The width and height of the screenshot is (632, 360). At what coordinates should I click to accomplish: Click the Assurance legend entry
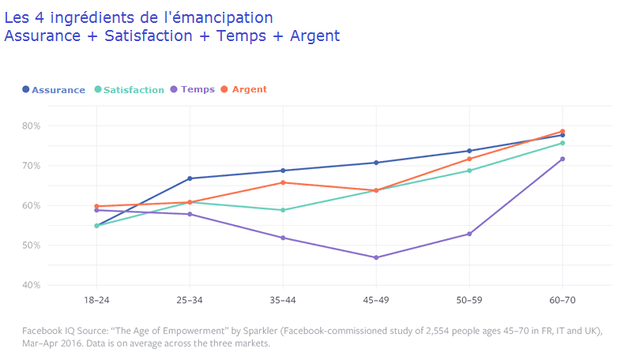(x=54, y=89)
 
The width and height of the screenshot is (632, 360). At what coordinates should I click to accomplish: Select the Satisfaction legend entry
(x=130, y=89)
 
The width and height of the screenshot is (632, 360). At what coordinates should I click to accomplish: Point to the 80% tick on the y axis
(x=31, y=126)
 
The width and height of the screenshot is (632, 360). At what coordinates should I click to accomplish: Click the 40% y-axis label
(x=31, y=285)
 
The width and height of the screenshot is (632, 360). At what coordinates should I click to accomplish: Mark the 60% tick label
(x=31, y=205)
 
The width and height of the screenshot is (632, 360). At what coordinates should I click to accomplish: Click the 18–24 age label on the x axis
(x=96, y=301)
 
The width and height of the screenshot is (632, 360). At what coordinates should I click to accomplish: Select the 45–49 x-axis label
(x=376, y=301)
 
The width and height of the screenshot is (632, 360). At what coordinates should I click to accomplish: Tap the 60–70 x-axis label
(x=562, y=301)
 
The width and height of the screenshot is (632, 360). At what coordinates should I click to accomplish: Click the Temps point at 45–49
(x=376, y=257)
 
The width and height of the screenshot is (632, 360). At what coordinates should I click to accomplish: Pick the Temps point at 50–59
(x=469, y=234)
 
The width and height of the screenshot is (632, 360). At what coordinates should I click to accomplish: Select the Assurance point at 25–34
(x=190, y=178)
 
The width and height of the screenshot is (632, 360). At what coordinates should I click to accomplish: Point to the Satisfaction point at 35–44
(x=283, y=210)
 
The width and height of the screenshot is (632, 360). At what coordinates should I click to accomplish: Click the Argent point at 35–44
(x=283, y=182)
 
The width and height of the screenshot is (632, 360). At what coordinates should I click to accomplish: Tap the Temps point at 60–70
(x=562, y=159)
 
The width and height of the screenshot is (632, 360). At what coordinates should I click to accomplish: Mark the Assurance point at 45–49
(x=376, y=163)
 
